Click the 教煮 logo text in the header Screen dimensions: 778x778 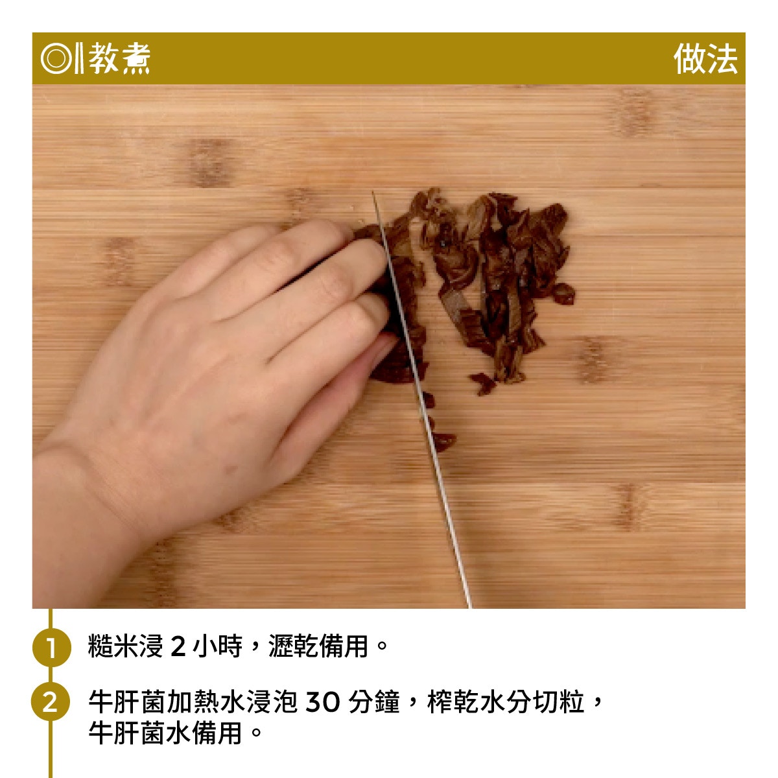point(119,58)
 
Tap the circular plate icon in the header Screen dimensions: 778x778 point(56,58)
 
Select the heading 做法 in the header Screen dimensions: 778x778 point(705,58)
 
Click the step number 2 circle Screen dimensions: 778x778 point(51,701)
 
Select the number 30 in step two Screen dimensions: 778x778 point(323,702)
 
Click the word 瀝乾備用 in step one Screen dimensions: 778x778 point(318,646)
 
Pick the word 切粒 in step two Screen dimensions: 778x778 point(559,701)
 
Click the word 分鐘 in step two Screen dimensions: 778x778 point(374,701)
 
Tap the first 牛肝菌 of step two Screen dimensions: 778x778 point(126,701)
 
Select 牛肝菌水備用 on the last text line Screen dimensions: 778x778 point(165,733)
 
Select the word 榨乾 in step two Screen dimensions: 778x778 point(453,701)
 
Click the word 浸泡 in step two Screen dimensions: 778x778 point(271,701)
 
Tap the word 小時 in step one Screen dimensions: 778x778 point(218,646)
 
